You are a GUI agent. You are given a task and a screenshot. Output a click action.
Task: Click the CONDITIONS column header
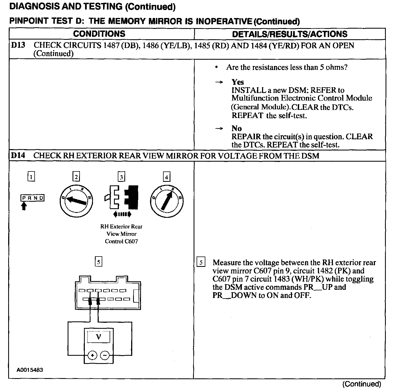pos(99,34)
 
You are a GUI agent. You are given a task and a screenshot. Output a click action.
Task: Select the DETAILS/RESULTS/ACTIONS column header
pos(290,34)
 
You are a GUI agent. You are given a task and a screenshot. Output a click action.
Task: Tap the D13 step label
pos(18,45)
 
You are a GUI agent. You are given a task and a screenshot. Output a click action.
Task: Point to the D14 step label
pos(18,156)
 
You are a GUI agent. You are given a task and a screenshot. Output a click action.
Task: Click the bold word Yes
pos(237,82)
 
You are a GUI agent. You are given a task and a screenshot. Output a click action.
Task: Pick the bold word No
pos(236,128)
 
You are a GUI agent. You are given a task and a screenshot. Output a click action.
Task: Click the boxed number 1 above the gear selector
pos(31,177)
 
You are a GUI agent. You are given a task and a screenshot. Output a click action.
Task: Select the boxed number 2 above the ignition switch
pos(76,177)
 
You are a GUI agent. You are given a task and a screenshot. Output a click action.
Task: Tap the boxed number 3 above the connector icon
pos(121,177)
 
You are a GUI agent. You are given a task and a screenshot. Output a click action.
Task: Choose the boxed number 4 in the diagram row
pos(166,177)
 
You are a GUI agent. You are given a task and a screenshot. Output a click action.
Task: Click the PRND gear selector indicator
pos(32,198)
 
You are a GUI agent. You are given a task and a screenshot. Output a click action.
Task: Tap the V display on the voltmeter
pos(98,337)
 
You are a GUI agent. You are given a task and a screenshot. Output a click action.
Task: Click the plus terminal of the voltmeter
pos(92,355)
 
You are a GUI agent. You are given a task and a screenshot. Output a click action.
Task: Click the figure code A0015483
pos(30,370)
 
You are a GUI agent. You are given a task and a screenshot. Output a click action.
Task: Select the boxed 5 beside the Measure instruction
pos(201,263)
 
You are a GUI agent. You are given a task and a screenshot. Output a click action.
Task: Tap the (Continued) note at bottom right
pos(361,384)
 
